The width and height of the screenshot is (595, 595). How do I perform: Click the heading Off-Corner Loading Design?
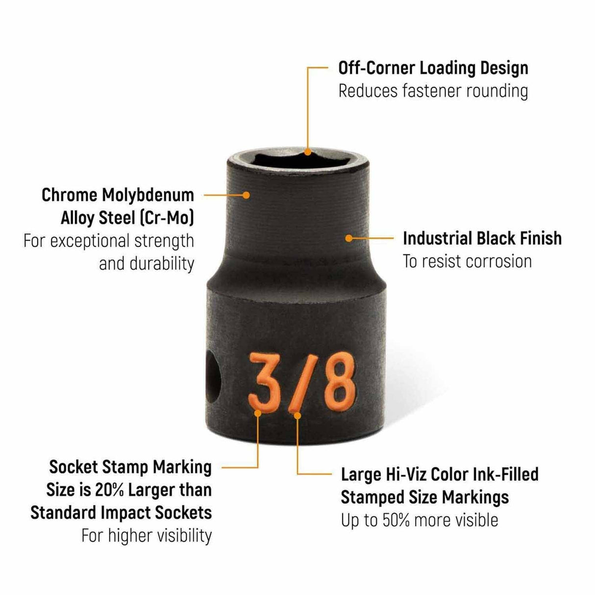(433, 68)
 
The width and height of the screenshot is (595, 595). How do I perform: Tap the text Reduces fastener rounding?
(433, 91)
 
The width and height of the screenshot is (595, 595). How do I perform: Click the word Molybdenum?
(148, 195)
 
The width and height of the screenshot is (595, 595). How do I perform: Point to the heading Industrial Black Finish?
(482, 239)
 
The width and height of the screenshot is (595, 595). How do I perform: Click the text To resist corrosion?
(467, 261)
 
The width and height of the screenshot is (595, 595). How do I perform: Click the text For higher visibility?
(147, 536)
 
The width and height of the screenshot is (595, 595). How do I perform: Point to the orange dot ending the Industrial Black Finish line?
(348, 239)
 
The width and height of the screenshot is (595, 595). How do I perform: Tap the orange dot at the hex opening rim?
(308, 152)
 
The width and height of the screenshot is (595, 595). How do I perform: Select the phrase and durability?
(147, 264)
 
